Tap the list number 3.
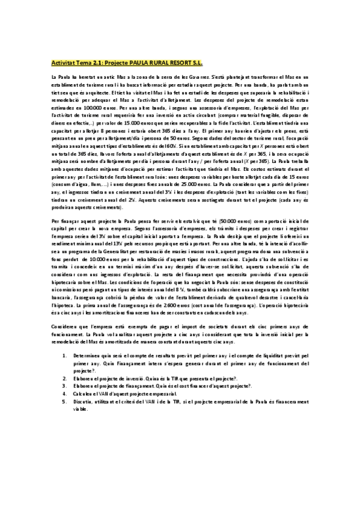tap(65, 382)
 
